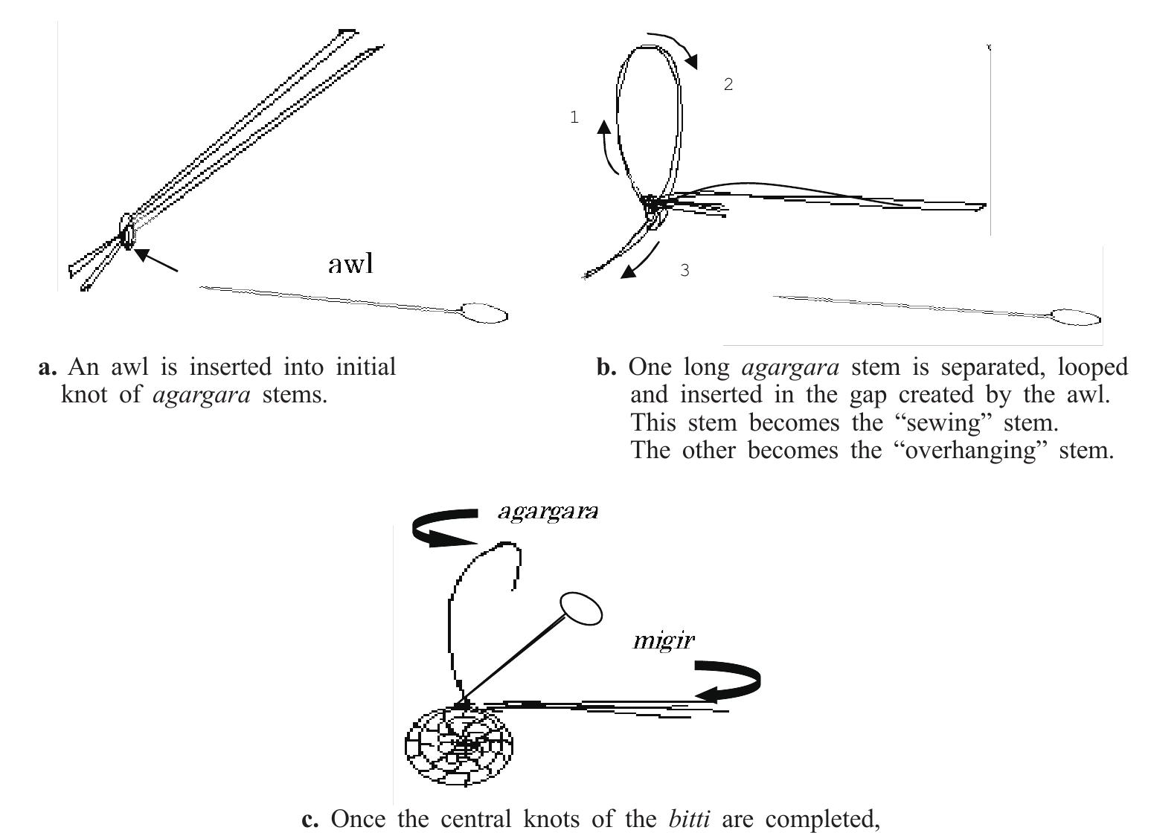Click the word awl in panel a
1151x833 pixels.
tap(350, 264)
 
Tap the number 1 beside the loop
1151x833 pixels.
tap(574, 118)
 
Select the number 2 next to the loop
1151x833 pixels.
tap(728, 85)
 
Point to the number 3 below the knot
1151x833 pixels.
tap(684, 271)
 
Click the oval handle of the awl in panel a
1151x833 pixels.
tap(484, 314)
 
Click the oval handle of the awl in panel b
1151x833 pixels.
tap(1076, 318)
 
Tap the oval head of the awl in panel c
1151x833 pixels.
tap(580, 608)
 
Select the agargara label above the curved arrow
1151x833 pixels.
tap(548, 512)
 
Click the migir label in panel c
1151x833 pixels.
tap(663, 640)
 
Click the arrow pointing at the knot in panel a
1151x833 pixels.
tap(156, 261)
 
